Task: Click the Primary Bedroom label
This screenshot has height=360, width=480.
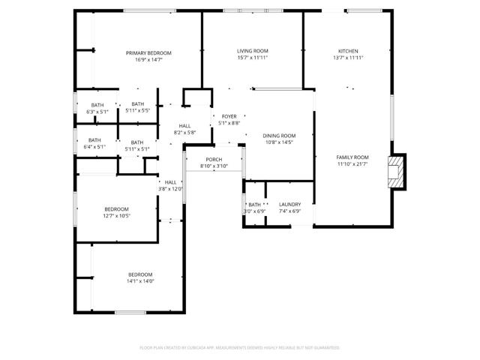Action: coord(148,52)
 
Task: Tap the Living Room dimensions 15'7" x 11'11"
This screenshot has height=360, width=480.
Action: coord(252,58)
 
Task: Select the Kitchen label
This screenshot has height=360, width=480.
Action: coord(348,51)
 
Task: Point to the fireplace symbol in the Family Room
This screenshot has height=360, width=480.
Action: coord(396,172)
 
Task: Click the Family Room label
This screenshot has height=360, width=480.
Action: coord(352,157)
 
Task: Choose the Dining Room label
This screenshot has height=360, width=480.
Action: coord(279,136)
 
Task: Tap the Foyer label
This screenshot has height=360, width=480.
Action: coord(229,116)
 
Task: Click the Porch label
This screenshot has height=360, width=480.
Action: coord(214,160)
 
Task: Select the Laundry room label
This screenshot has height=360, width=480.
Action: coord(289,204)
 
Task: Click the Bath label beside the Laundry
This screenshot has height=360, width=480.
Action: coord(254,204)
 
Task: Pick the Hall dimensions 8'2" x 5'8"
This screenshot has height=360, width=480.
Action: coord(184,133)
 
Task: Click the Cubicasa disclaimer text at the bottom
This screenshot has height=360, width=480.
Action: coord(240,348)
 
